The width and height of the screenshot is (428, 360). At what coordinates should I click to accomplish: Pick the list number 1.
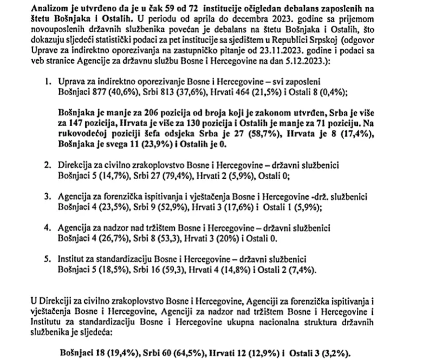point(48,82)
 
